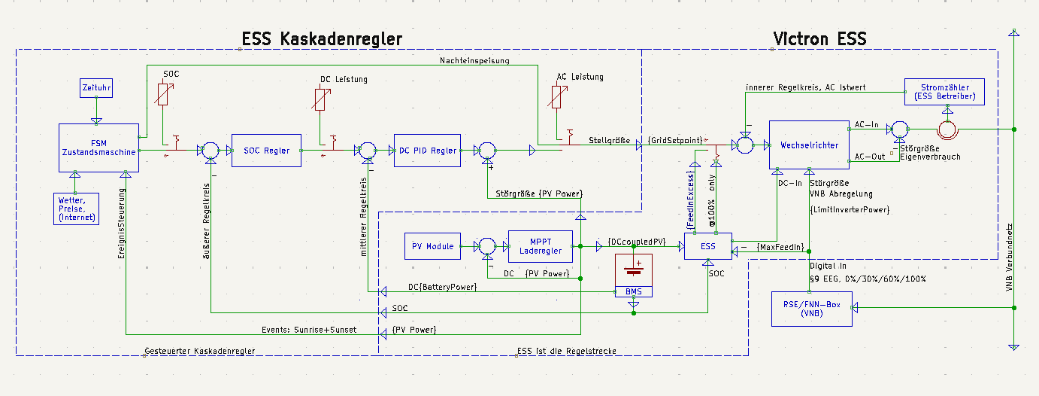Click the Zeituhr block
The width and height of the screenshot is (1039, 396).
[95, 89]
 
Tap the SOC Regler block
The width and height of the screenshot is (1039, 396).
[266, 151]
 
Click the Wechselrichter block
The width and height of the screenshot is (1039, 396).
[809, 145]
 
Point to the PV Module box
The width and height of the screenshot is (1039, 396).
[432, 246]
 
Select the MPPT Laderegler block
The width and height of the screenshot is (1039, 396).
[535, 245]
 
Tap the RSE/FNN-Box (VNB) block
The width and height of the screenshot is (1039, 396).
[811, 308]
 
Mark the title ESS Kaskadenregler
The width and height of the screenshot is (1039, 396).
[322, 39]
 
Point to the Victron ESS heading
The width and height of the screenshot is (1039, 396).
[819, 39]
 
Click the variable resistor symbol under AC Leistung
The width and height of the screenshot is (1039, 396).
[556, 97]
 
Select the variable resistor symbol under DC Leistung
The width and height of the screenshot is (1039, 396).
[320, 99]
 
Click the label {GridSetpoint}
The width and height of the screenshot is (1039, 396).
[675, 140]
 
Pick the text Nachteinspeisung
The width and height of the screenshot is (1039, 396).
[475, 60]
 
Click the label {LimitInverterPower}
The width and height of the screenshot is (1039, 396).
[850, 209]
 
